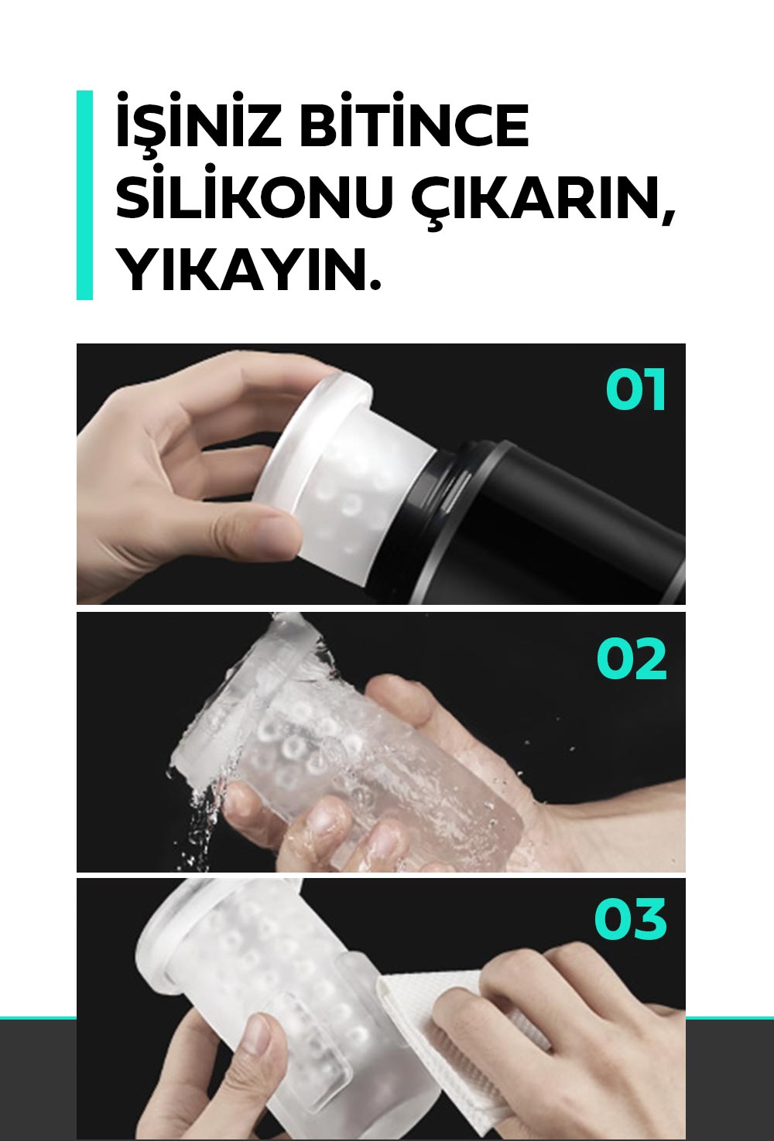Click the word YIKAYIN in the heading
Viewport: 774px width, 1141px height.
239,268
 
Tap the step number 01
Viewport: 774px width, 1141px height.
635,389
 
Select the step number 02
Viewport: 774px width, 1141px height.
632,659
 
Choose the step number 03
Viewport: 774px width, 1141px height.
630,919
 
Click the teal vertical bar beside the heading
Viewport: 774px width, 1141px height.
84,195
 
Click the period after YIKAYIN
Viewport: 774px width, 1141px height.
375,283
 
